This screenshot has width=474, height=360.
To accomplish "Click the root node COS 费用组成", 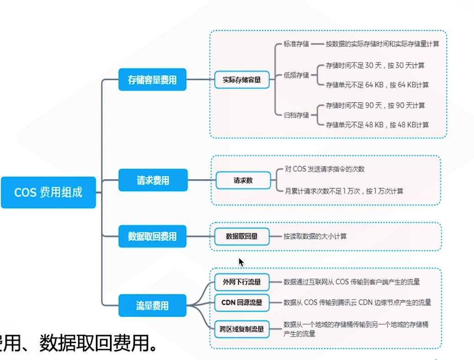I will (x=48, y=192).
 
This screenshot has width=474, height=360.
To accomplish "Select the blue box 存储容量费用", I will (x=152, y=80).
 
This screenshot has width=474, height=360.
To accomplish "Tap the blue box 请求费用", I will (x=152, y=180).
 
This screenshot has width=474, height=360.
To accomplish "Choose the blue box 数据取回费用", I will (x=152, y=236).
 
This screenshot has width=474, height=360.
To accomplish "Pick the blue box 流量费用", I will (x=152, y=305).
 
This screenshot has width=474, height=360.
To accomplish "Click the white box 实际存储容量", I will (x=242, y=79).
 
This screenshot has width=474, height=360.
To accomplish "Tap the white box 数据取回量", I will (x=242, y=236).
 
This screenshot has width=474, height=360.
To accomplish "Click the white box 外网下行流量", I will (x=242, y=282).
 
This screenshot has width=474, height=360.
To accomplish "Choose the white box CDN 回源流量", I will (x=242, y=302).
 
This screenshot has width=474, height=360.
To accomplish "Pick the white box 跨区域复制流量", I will (x=242, y=329).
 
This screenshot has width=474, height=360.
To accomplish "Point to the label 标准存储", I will (x=296, y=44).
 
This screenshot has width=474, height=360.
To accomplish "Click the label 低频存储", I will (x=296, y=75).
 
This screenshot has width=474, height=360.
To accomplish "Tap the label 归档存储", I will (x=296, y=115).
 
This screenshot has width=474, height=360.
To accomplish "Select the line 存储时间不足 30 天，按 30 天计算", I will (x=375, y=66).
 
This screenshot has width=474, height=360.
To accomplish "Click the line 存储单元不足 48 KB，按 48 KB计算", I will (x=377, y=125).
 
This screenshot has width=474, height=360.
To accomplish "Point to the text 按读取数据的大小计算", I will (x=315, y=236).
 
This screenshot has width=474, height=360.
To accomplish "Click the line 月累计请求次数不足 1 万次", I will (x=344, y=191).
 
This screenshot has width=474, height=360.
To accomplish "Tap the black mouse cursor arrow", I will (x=241, y=262).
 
